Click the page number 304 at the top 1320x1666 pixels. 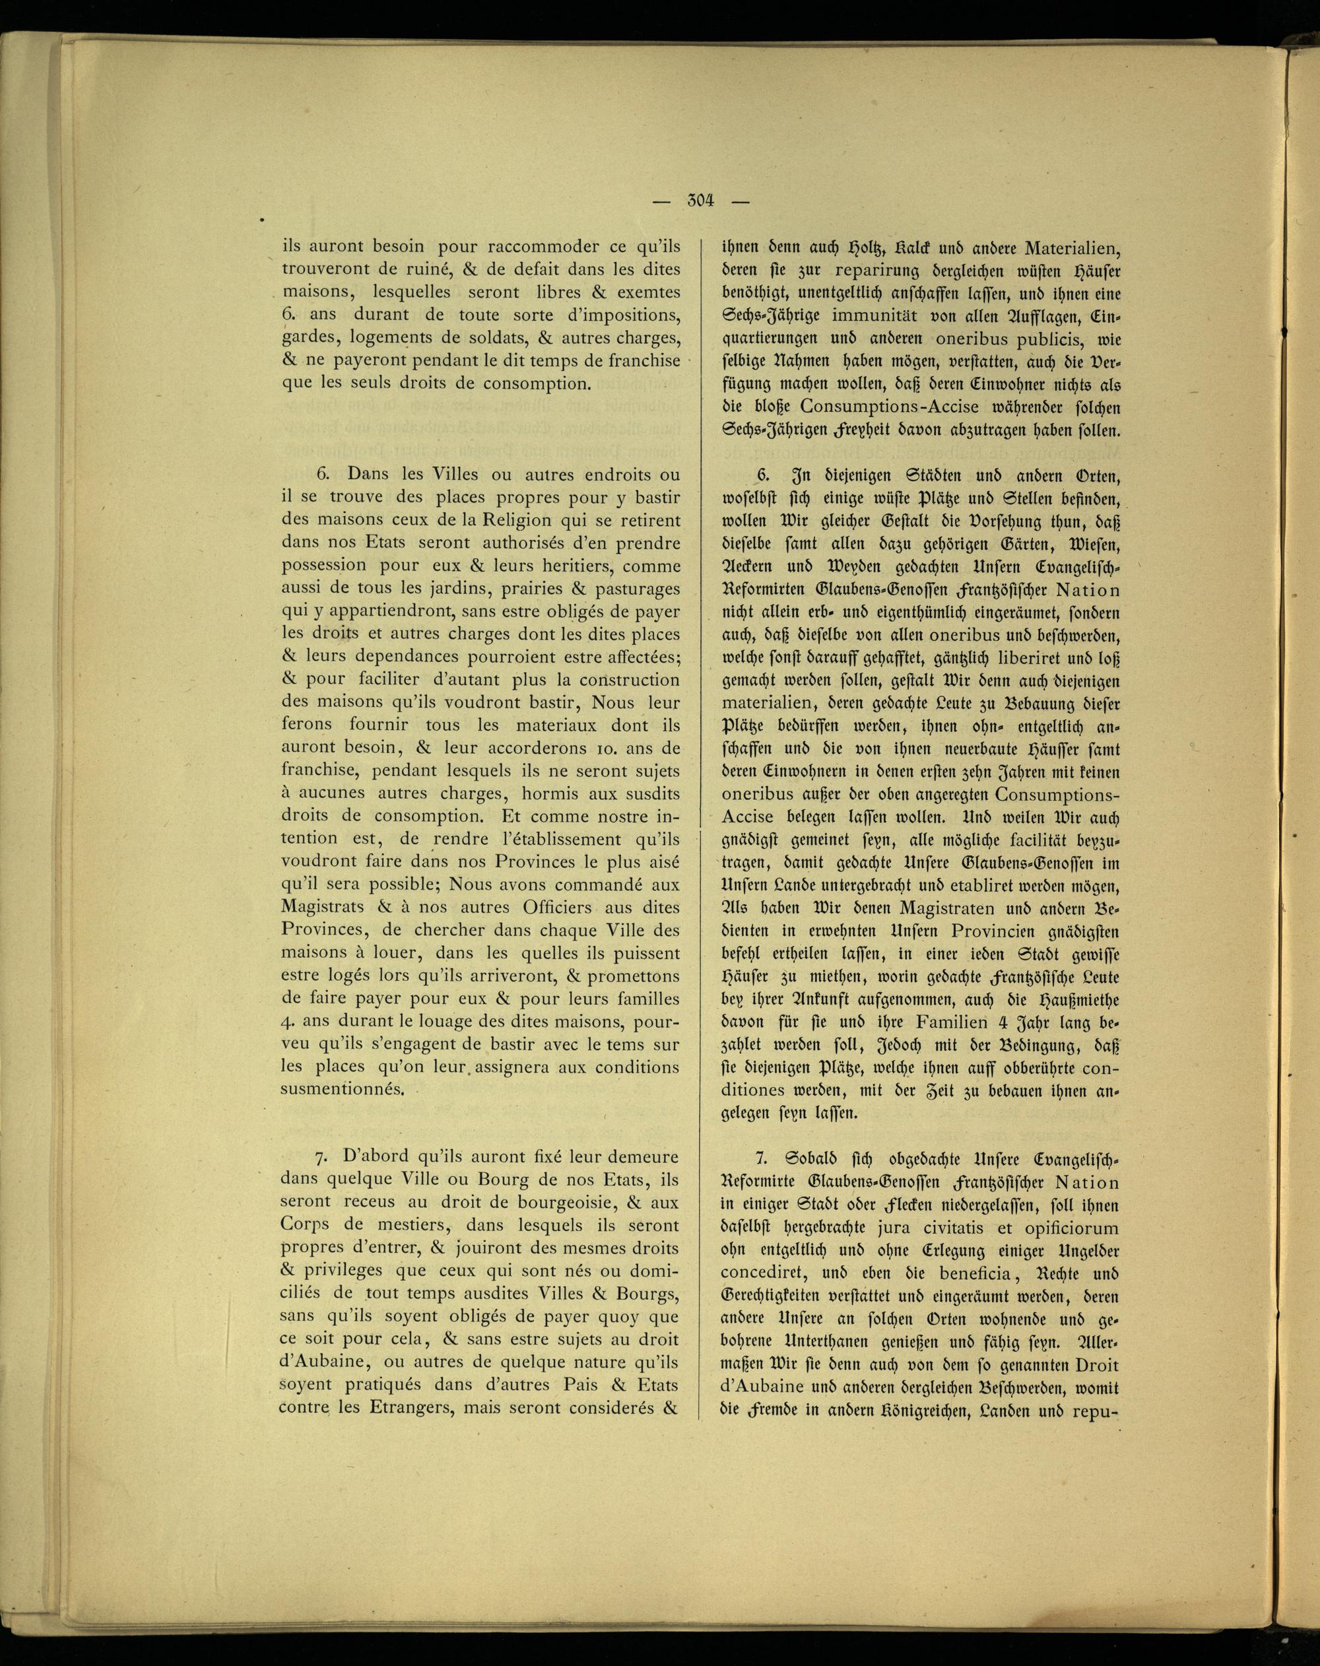(701, 201)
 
